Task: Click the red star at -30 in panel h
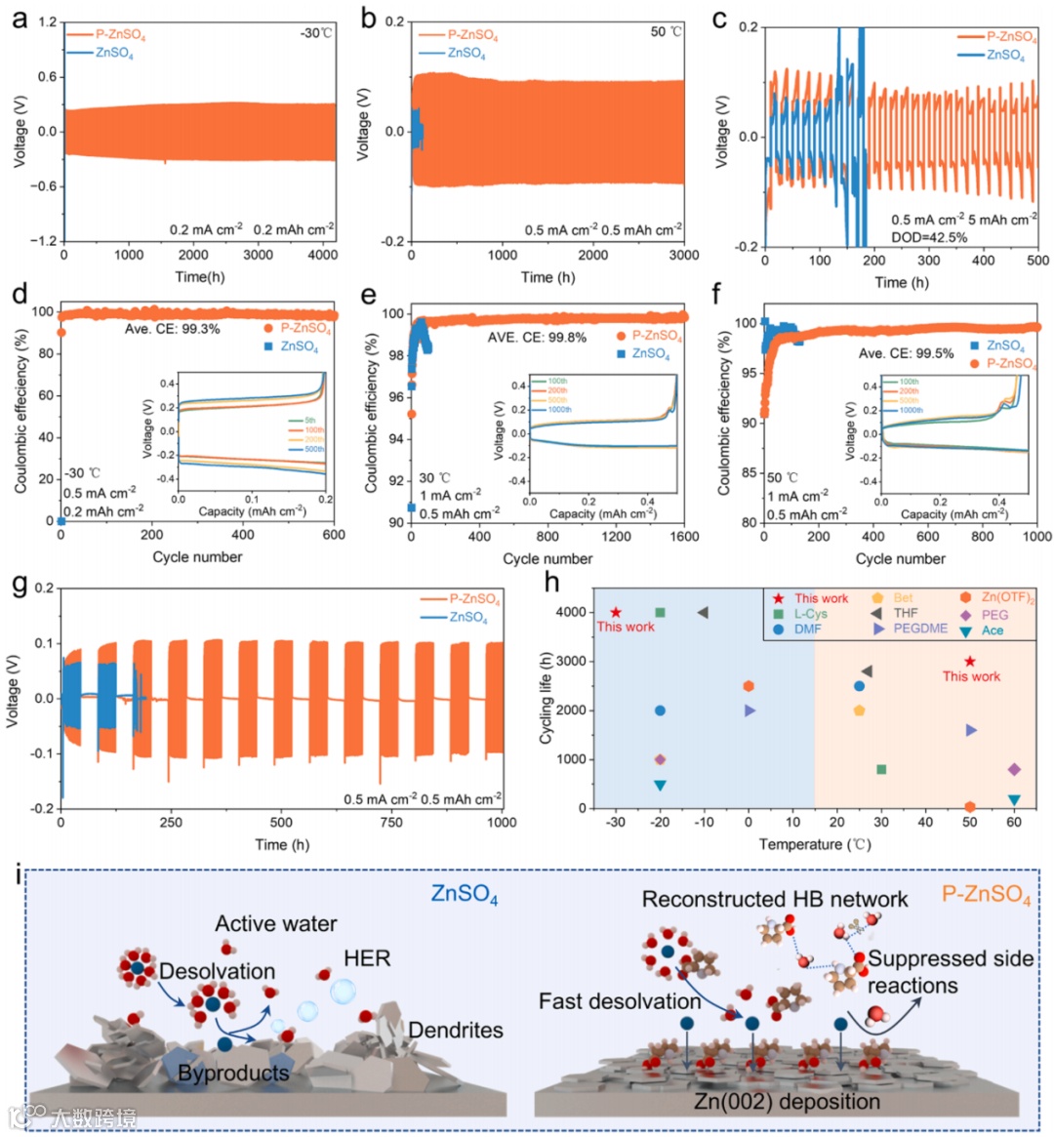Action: coord(616,612)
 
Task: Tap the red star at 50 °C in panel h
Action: coord(969,662)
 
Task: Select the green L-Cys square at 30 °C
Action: coord(881,769)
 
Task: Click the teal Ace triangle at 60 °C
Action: coord(1014,799)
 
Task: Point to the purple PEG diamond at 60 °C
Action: coord(1014,769)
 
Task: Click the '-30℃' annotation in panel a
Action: coord(315,33)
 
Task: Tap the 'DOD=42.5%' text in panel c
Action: coord(929,237)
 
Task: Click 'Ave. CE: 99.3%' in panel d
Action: coord(172,329)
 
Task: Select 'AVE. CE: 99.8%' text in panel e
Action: coord(537,338)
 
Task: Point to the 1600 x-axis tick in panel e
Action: coord(684,537)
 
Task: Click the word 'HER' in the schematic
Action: coord(367,958)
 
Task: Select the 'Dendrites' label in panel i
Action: coord(456,1030)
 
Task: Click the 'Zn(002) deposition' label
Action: coord(787,1101)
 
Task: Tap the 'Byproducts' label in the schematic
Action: coord(233,1073)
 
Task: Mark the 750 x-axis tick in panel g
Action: coord(391,822)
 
